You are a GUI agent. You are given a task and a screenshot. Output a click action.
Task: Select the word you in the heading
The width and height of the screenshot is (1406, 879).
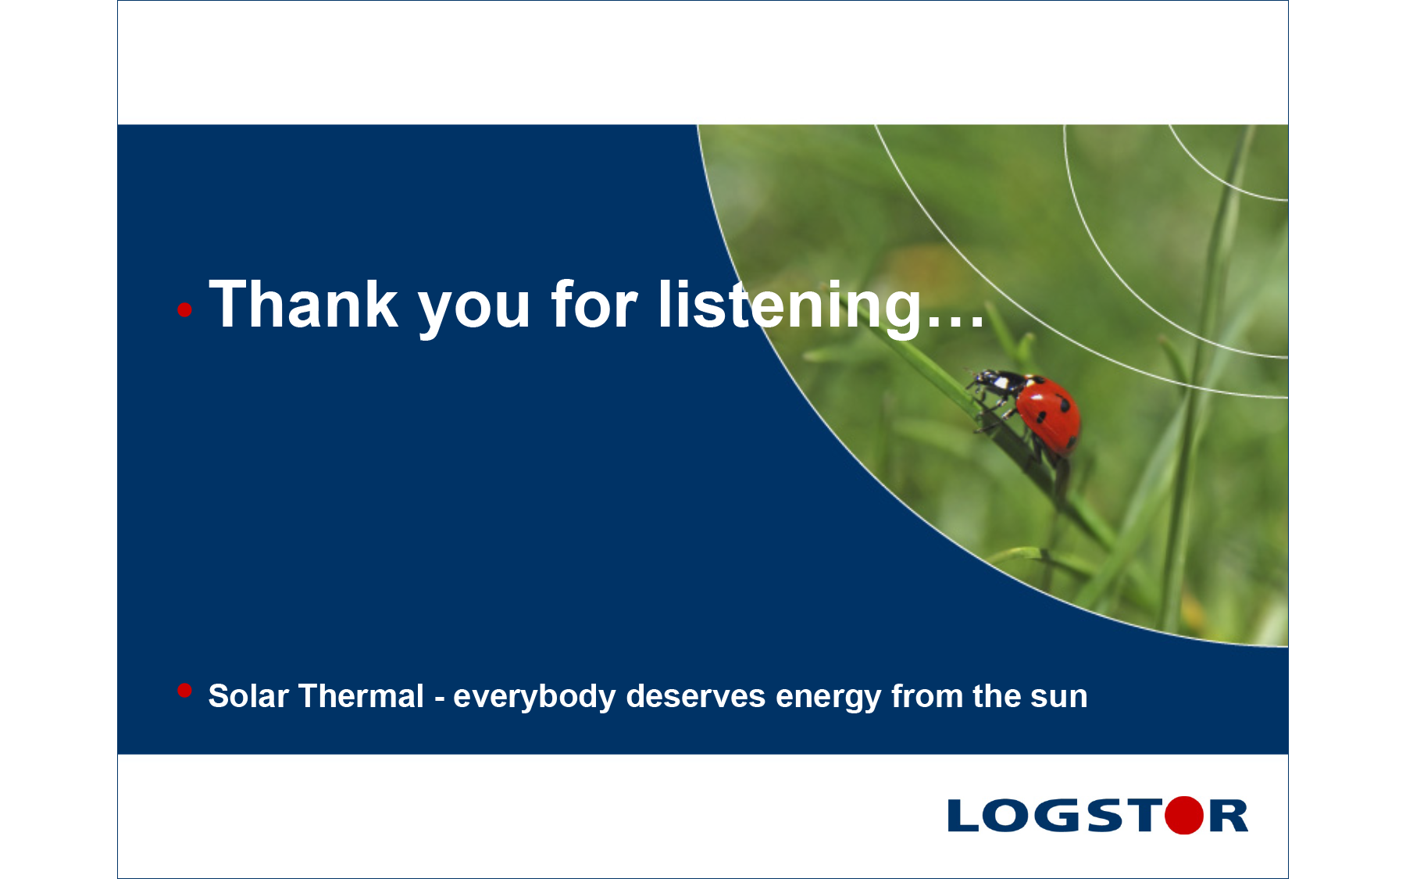(475, 311)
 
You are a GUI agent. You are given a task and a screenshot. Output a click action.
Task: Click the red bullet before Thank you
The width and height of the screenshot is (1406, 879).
(184, 310)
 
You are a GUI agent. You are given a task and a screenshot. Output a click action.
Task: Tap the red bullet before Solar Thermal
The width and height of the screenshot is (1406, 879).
(184, 690)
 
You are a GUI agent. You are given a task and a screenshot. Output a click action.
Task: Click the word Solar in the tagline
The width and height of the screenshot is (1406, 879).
(248, 695)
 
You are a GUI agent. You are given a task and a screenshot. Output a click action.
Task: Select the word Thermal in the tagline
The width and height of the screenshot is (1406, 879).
(361, 695)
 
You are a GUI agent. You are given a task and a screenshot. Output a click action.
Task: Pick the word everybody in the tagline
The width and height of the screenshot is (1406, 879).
(534, 697)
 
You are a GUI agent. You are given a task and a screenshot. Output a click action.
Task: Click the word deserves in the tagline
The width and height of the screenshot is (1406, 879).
(695, 695)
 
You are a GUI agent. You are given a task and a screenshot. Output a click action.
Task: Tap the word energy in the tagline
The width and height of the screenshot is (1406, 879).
(828, 699)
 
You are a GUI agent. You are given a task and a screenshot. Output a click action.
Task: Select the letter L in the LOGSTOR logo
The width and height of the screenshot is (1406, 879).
(962, 816)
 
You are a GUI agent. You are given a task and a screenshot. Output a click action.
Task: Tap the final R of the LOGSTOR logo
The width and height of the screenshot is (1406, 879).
(1229, 816)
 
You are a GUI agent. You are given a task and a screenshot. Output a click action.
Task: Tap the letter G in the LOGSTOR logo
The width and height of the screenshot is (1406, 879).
(1058, 816)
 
